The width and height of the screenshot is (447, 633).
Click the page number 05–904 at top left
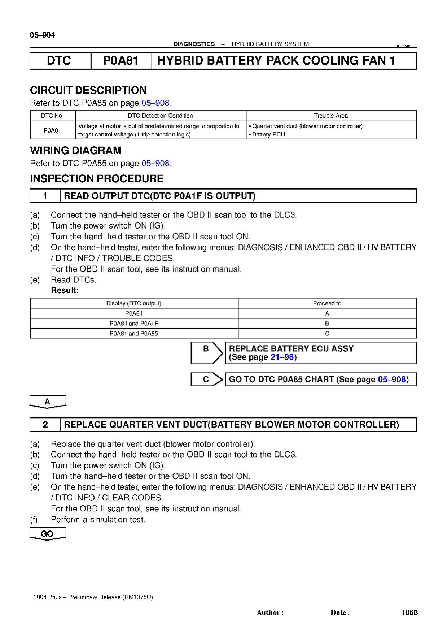point(42,35)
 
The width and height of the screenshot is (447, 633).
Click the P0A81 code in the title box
point(121,61)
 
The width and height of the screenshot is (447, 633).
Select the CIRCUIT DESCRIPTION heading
point(88,90)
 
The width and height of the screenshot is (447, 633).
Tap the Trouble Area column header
point(331,116)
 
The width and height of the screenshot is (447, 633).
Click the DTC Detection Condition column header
point(160,116)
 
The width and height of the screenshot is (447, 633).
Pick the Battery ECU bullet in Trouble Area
point(268,134)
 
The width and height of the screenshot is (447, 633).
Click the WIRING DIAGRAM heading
point(76,151)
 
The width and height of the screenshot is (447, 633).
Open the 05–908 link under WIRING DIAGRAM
point(155,163)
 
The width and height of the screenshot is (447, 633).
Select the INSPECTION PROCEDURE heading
point(97,179)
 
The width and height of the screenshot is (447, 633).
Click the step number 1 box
point(45,196)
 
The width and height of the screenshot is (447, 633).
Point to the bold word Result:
point(65,290)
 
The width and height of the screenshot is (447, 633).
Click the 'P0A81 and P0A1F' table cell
point(134,324)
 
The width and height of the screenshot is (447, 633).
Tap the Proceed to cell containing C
point(327,334)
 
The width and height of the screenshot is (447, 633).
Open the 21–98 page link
point(282,357)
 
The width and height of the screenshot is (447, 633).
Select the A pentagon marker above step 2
point(48,402)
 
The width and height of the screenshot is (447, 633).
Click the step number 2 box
point(45,424)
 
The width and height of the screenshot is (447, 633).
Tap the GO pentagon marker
point(47,533)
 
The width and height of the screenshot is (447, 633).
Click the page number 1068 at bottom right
point(409,612)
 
